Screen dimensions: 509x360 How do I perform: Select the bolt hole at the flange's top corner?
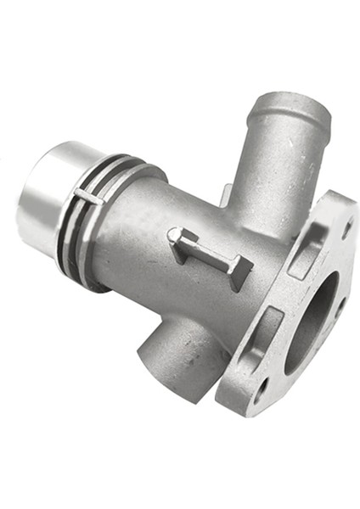click(x=346, y=227)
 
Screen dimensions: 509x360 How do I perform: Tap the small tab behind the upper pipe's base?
click(x=225, y=194)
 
